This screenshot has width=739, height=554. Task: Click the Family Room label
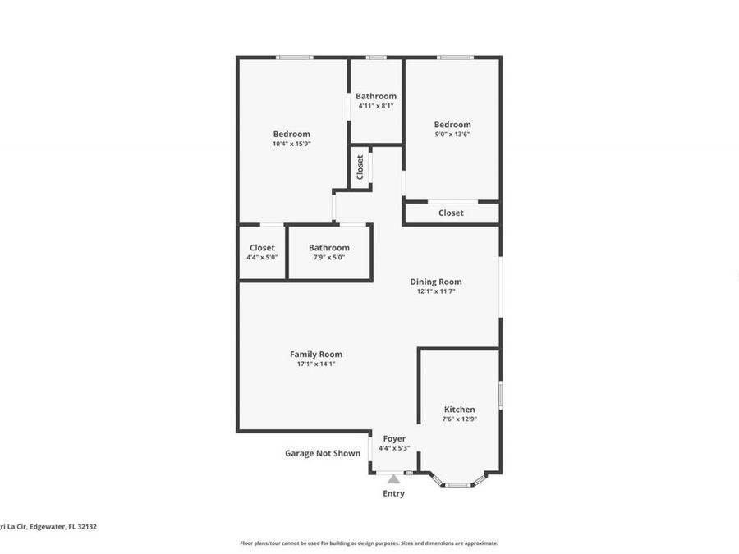[316, 355]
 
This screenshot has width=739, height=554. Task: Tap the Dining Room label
[436, 282]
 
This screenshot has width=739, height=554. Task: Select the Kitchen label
[460, 410]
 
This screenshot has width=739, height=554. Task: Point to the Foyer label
[394, 439]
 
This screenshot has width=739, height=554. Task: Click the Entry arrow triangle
[394, 479]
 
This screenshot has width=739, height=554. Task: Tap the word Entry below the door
[394, 494]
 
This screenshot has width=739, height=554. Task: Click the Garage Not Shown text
[323, 453]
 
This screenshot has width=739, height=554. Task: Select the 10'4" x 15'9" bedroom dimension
[291, 144]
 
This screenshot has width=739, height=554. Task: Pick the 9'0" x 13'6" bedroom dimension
[452, 135]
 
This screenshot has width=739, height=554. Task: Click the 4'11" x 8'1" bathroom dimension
[376, 105]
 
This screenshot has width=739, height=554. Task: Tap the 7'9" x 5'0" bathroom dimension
[329, 257]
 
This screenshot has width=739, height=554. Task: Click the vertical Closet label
[360, 167]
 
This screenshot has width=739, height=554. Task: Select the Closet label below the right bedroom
[451, 213]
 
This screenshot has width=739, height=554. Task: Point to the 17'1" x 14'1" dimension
[316, 364]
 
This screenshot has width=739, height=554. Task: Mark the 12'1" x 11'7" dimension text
[436, 291]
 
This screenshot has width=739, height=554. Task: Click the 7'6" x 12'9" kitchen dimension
[460, 419]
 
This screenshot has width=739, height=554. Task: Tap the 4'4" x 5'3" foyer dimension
[394, 448]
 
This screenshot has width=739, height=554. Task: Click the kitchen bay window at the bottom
[458, 483]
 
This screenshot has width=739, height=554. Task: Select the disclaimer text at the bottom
[369, 543]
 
